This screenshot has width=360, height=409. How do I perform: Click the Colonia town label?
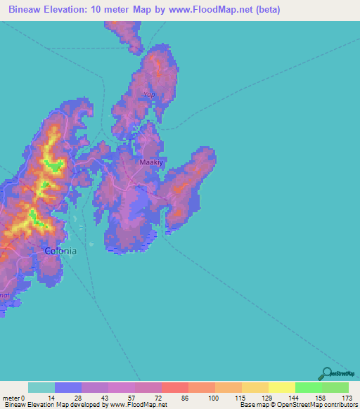tap(60, 250)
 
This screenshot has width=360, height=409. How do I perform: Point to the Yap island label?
tap(148, 94)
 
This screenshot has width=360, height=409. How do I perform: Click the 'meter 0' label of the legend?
tap(13, 398)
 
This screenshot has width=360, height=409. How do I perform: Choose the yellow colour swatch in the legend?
tap(281, 387)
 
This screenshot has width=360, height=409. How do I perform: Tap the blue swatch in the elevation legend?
tap(68, 387)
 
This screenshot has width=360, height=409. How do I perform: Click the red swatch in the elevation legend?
tap(174, 387)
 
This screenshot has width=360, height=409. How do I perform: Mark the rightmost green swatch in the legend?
tap(335, 387)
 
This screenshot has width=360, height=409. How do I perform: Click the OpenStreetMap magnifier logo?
tap(327, 373)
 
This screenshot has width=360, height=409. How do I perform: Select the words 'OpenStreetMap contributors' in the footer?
tap(320, 405)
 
